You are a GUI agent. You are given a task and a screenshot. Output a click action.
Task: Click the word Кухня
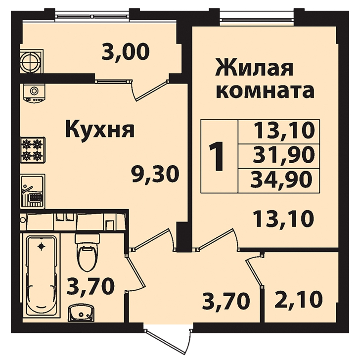tap(100, 129)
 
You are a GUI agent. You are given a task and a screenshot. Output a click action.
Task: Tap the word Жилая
tap(254, 67)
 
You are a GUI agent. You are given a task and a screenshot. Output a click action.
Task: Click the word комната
tap(265, 90)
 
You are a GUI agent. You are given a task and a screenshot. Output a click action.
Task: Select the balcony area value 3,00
tap(126, 51)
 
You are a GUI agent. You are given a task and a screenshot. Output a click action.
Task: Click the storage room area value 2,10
tap(299, 299)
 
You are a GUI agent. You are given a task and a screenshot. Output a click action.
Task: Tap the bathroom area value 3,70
tap(90, 286)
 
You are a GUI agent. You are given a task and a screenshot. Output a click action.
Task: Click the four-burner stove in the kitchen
tap(33, 150)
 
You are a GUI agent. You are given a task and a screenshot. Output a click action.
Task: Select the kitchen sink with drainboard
tap(32, 191)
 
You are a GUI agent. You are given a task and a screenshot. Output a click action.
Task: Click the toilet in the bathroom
tap(87, 253)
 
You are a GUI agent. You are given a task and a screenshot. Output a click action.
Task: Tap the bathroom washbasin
tap(81, 313)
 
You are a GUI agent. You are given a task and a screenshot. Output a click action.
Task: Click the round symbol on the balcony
tap(31, 61)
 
